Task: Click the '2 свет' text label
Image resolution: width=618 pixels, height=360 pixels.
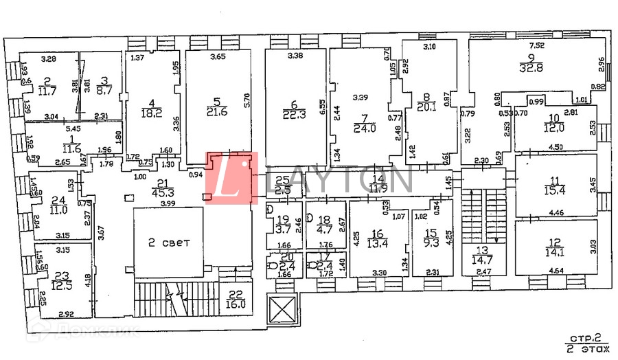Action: click(x=168, y=243)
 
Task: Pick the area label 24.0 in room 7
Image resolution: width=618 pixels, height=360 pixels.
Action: click(x=362, y=128)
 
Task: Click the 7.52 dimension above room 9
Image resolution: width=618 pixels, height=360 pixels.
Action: click(x=536, y=45)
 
